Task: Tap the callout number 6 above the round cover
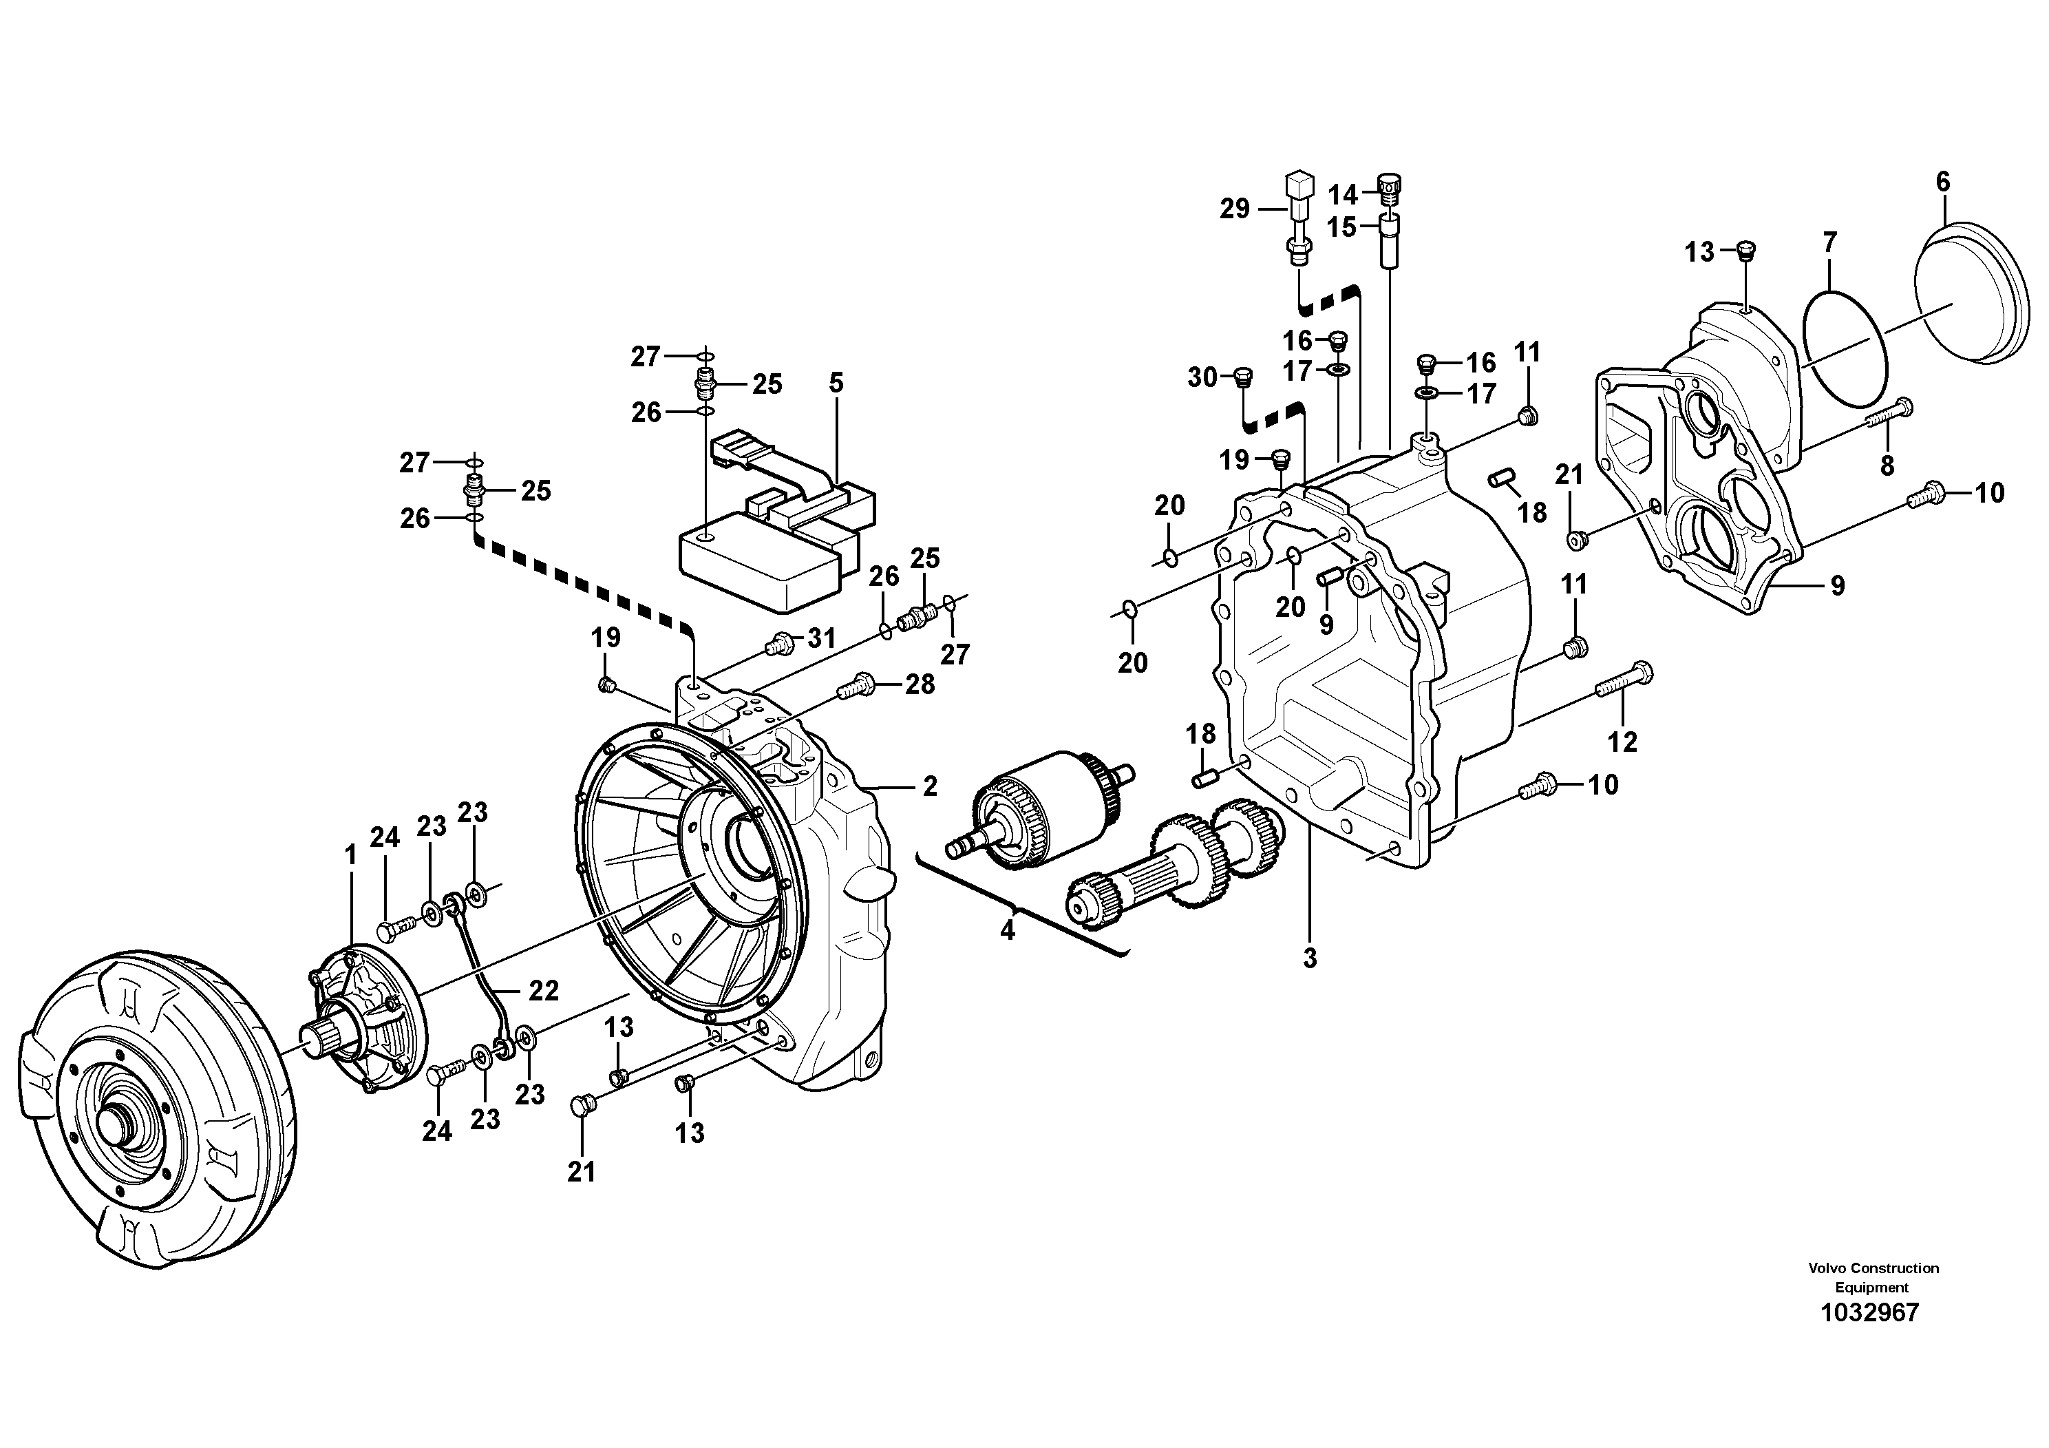(1943, 182)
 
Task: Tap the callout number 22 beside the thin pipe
(544, 990)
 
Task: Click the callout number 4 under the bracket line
(1008, 931)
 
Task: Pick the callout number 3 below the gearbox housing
(1309, 958)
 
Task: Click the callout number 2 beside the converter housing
(930, 786)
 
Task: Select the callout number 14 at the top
(1342, 195)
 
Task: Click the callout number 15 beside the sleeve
(1341, 228)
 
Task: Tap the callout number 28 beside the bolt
(920, 684)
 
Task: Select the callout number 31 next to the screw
(821, 638)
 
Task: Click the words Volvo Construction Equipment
(1873, 1277)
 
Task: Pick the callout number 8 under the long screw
(1887, 465)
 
